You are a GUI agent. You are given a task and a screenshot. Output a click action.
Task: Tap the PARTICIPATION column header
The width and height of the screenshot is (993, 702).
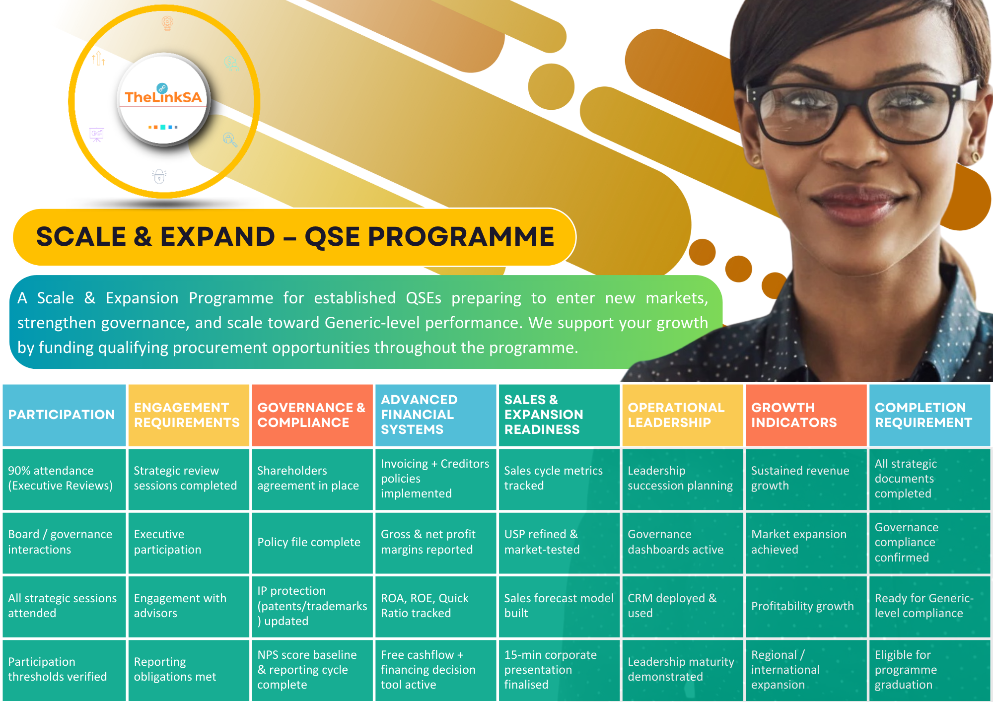click(x=64, y=415)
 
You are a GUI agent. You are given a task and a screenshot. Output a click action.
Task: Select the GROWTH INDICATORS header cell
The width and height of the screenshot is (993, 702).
click(x=806, y=415)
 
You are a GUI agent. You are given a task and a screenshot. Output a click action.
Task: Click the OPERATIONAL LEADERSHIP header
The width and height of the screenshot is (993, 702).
click(x=683, y=415)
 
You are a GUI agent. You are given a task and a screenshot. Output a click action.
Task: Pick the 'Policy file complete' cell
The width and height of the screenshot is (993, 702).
click(x=312, y=543)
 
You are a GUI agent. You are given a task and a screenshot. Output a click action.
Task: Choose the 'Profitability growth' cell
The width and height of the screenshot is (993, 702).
click(x=806, y=606)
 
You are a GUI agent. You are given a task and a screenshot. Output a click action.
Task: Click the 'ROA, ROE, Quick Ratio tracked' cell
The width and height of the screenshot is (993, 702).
click(x=435, y=606)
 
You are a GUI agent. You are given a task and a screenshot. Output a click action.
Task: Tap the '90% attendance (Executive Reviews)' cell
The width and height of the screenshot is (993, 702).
click(x=64, y=479)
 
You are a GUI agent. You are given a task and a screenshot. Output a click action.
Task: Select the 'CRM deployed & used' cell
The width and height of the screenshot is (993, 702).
click(x=683, y=606)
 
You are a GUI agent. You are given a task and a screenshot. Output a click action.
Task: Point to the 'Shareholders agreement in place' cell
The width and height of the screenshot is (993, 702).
click(x=312, y=479)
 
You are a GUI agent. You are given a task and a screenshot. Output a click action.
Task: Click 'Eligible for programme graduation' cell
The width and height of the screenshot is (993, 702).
click(x=929, y=670)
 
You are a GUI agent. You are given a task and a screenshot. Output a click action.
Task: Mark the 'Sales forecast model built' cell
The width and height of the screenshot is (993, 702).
click(x=559, y=606)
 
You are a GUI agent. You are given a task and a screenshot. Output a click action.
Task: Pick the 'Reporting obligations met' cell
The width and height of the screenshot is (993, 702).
click(x=189, y=670)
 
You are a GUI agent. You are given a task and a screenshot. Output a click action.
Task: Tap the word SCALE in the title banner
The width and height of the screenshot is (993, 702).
click(x=81, y=237)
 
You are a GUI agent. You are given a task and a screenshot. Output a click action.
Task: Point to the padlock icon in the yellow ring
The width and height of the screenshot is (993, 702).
click(x=159, y=176)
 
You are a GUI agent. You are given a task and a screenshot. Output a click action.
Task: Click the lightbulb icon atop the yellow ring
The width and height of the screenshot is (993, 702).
click(x=167, y=23)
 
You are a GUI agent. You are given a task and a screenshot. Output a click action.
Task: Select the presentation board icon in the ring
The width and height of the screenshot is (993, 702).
click(x=96, y=135)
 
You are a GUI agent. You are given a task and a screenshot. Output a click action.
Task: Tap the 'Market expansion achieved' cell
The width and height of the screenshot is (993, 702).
click(x=806, y=543)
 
